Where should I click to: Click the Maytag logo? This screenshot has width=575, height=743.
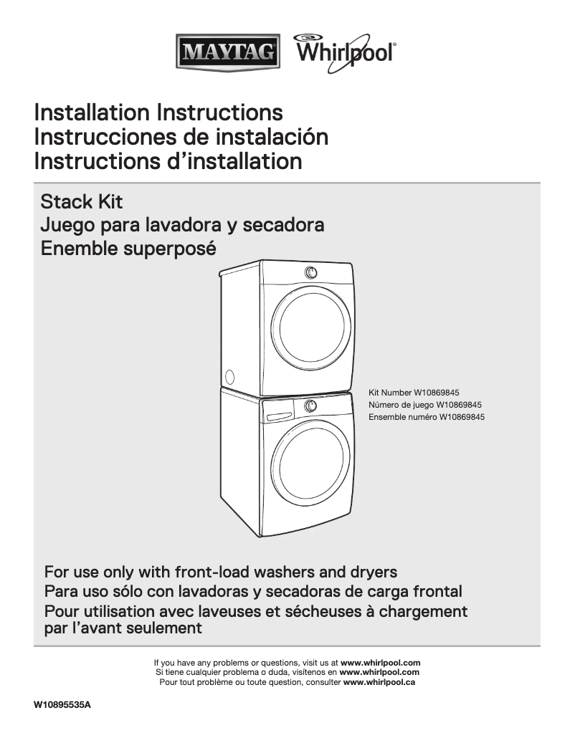pos(228,52)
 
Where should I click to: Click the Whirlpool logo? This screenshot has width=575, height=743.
pos(344,52)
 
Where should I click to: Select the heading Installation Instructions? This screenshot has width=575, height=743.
pos(158,112)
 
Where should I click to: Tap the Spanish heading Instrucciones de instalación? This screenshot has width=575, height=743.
pos(181,136)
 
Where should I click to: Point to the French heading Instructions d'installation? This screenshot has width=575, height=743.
pos(168,160)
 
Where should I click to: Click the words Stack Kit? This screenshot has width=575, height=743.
pos(82,201)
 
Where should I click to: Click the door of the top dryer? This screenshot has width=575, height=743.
pos(313,325)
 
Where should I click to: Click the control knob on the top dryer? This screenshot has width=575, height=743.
pos(310,272)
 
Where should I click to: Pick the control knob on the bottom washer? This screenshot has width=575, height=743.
pos(310,406)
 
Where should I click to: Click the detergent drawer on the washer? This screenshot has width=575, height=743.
pos(277,415)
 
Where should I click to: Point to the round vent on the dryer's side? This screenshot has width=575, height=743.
pos(229,375)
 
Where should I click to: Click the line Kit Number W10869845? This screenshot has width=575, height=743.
pos(414,393)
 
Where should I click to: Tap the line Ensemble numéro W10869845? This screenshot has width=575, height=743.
pos(427,416)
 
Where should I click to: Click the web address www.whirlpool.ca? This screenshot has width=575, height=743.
pos(380,682)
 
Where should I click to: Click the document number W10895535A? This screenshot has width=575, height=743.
pos(63,705)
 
